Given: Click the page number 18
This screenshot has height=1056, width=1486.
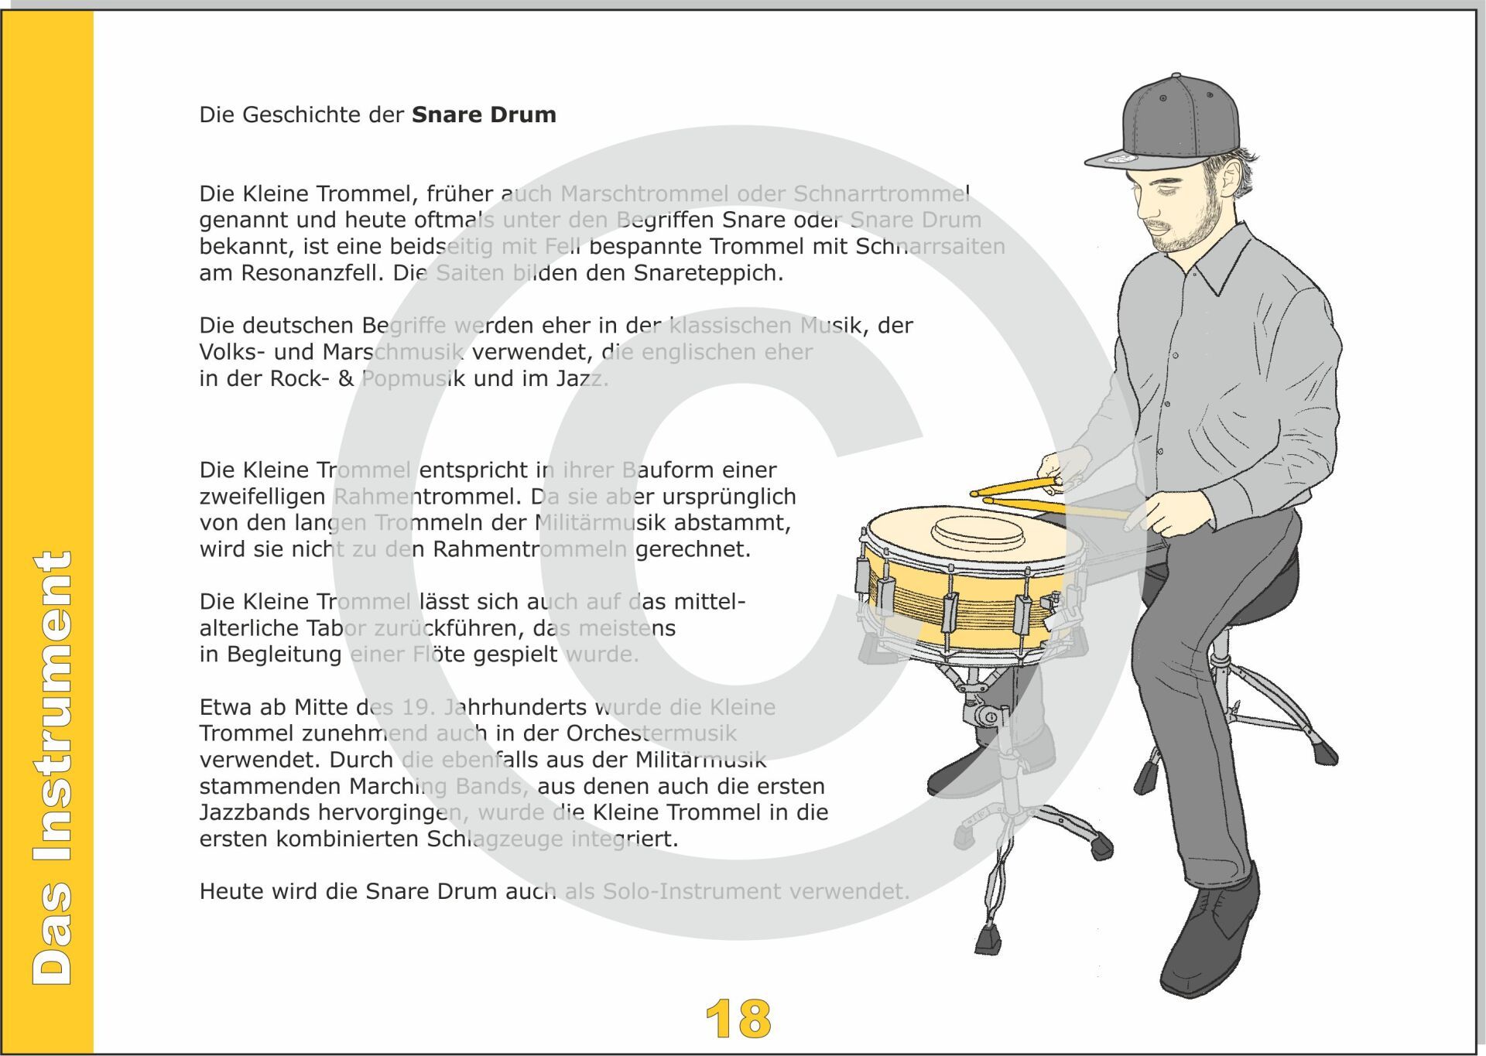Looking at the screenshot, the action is pos(738,1019).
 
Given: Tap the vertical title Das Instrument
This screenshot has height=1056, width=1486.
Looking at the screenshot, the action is pos(53,767).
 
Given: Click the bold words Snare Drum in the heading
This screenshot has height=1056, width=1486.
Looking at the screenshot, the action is pos(484,114).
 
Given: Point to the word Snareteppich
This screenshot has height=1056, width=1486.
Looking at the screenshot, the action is pos(708,274).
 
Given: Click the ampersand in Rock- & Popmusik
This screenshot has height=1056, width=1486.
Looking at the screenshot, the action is pos(346,379).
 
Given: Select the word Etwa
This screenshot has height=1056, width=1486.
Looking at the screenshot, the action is pos(223,707).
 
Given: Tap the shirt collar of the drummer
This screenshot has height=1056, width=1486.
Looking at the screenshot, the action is pos(1219,259).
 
